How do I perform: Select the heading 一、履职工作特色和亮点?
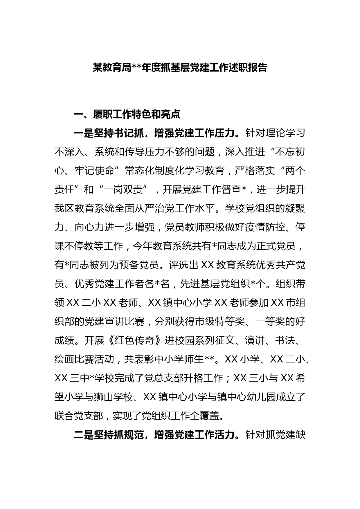tap(127, 114)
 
